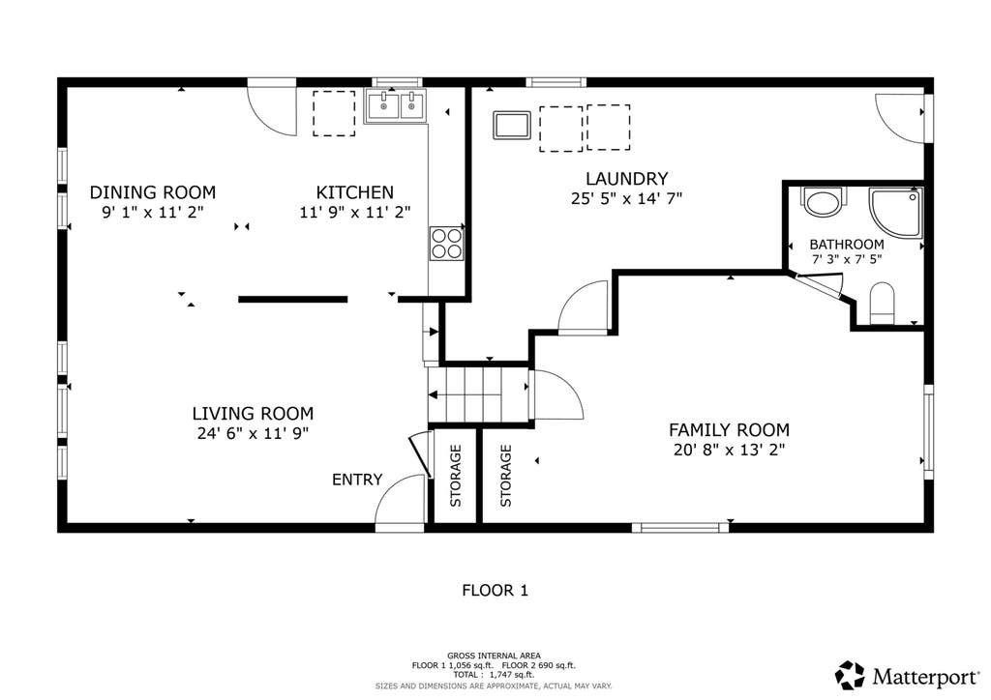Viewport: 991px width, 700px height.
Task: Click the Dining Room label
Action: pyautogui.click(x=152, y=191)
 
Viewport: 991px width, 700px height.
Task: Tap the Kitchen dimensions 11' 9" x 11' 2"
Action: pyautogui.click(x=355, y=212)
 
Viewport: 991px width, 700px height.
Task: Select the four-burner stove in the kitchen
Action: pyautogui.click(x=446, y=243)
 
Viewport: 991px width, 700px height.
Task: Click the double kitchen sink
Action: pyautogui.click(x=396, y=105)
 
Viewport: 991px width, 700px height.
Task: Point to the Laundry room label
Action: pyautogui.click(x=626, y=179)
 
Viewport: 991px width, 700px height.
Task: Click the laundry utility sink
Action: pyautogui.click(x=512, y=125)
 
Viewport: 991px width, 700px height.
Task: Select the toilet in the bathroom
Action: pyautogui.click(x=883, y=305)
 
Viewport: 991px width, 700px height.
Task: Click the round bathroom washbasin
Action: pyautogui.click(x=823, y=202)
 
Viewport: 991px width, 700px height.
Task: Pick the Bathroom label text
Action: pyautogui.click(x=846, y=245)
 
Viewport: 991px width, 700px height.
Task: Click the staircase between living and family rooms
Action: pyautogui.click(x=478, y=394)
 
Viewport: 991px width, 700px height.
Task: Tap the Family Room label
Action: pyautogui.click(x=730, y=430)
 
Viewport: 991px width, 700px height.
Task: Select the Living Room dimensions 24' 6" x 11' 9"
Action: pyautogui.click(x=253, y=434)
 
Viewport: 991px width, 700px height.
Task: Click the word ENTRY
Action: pyautogui.click(x=357, y=480)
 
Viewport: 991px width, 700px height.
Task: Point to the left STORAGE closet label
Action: pyautogui.click(x=456, y=476)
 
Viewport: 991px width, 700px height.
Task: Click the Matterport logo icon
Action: pyautogui.click(x=850, y=676)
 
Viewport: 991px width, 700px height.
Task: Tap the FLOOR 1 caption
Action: pyautogui.click(x=495, y=591)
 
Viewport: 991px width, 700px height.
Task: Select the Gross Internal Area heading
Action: pyautogui.click(x=494, y=656)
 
